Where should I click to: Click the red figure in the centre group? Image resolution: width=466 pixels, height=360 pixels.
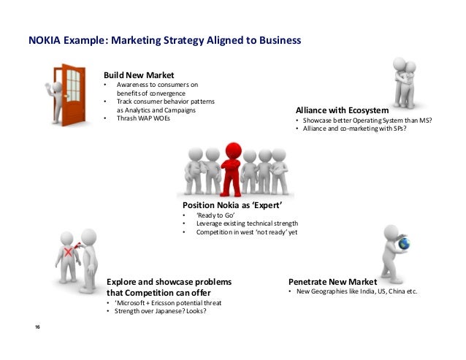pos(233,167)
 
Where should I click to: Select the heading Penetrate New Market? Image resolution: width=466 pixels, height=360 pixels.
pos(332,282)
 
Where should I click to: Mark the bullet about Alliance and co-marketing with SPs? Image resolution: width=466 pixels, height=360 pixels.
pos(353,129)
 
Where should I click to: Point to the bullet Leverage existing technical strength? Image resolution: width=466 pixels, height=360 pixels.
pos(246,223)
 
